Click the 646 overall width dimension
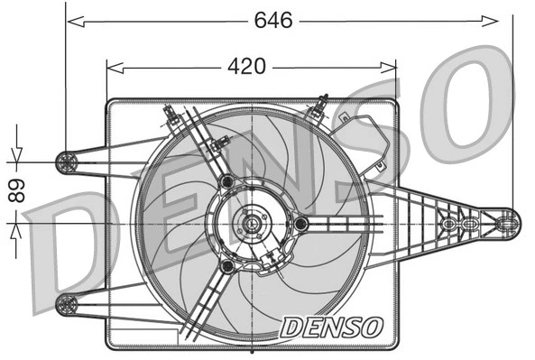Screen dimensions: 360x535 pos(273,20)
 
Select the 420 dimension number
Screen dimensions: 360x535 pos(245,66)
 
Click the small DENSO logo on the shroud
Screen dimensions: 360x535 pos(332,327)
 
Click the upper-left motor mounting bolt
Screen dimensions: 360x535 pos(226,182)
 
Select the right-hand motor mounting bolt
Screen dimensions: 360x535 pos(301,223)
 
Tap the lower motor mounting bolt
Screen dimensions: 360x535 pos(227,266)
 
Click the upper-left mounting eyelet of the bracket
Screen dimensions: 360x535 pos(67,162)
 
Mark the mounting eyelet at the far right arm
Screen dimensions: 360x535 pos(508,220)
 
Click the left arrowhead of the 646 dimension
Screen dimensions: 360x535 pos(72,20)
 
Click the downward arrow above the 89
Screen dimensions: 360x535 pos(16,155)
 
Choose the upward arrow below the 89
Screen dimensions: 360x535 pos(16,229)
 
